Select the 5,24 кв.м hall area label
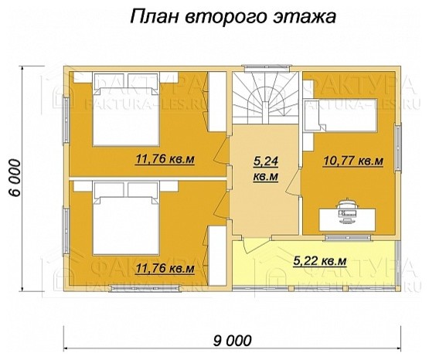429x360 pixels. pos(266,169)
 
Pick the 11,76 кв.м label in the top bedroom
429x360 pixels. pos(164,161)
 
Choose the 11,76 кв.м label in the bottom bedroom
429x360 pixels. pos(164,269)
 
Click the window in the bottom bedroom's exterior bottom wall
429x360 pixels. pos(143,290)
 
